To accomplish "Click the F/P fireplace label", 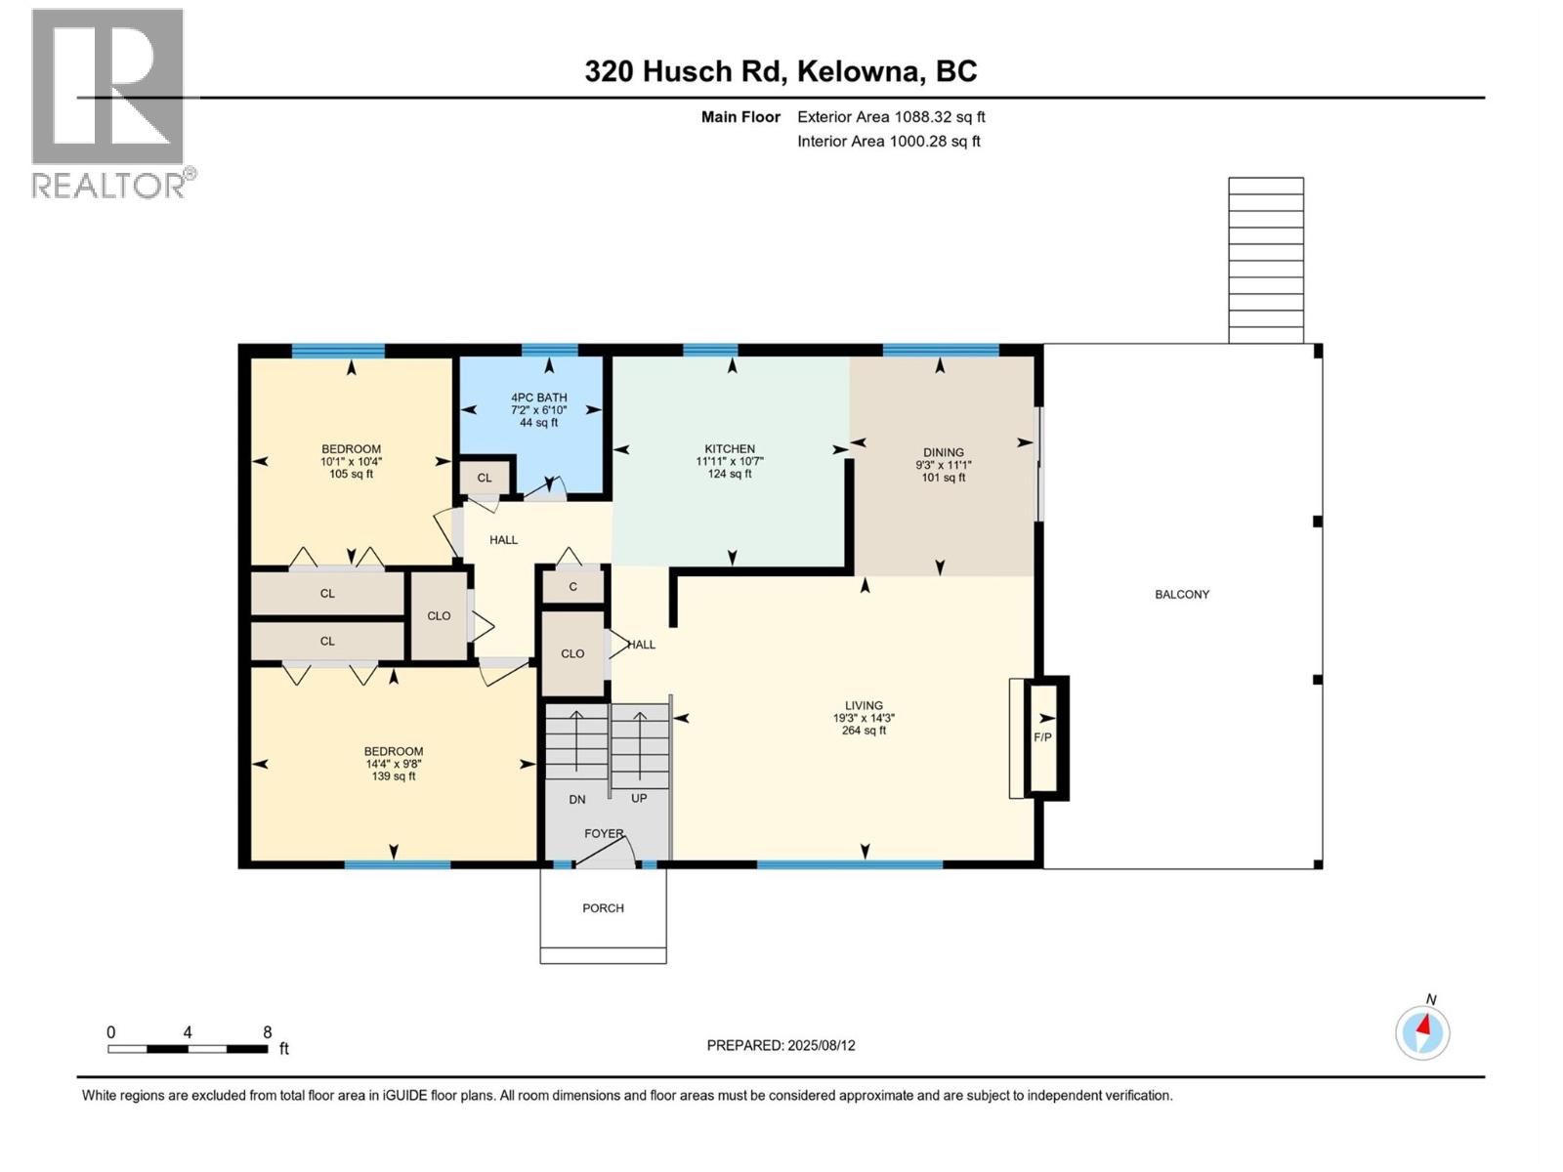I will click(1042, 737).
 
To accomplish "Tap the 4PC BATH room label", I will click(538, 398).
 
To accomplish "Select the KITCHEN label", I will click(730, 449).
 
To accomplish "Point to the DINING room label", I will click(943, 452).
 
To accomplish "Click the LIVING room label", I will click(864, 705).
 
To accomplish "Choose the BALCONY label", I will click(1181, 594).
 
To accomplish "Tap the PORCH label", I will click(603, 908).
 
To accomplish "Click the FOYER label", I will click(603, 833).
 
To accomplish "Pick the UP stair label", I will click(639, 798).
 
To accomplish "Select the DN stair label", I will click(577, 799).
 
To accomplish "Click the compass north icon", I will click(1422, 1032).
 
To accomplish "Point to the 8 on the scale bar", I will click(267, 1032).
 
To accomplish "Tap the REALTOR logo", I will click(108, 103).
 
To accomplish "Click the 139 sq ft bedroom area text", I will click(394, 776).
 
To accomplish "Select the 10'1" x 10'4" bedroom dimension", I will click(351, 462).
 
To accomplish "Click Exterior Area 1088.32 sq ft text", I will click(891, 117).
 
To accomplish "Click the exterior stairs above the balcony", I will click(1265, 260).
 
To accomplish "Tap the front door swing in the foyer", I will click(604, 851).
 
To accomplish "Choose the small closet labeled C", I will click(572, 586).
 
